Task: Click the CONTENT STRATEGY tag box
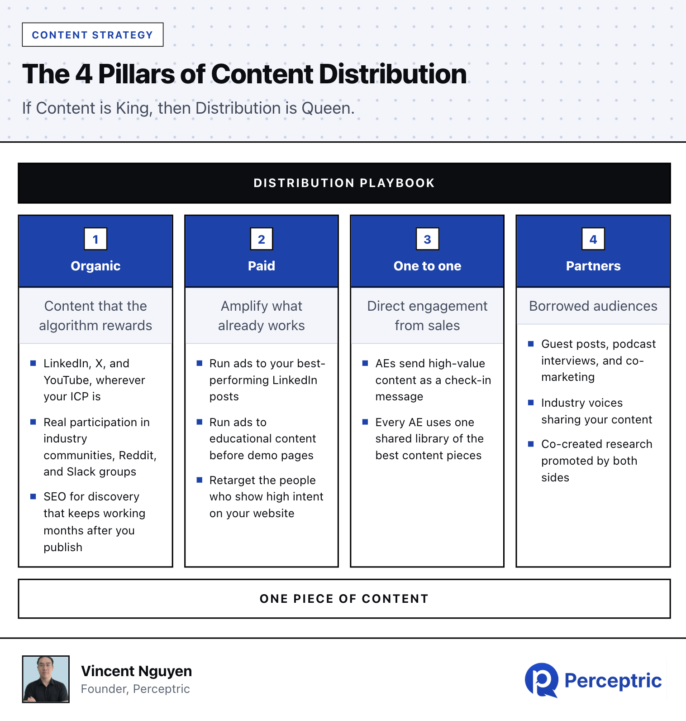93,35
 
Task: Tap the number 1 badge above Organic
95,239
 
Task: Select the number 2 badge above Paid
262,239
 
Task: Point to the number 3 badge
428,239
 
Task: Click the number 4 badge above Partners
593,239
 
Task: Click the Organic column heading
95,266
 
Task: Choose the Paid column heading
262,266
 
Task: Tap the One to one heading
428,266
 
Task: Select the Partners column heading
593,266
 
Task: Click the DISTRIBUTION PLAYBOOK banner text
344,183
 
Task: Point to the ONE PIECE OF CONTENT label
344,599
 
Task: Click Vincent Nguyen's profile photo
46,679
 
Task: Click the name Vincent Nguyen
137,671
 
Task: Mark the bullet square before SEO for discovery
33,496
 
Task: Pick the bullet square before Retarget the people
199,480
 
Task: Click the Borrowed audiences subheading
593,306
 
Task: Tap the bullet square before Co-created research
531,444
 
